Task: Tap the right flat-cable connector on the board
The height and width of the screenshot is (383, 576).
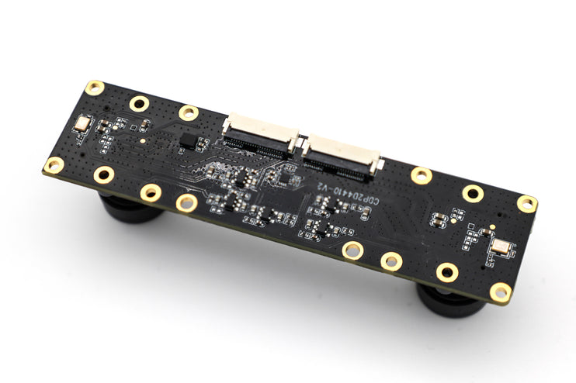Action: pos(342,154)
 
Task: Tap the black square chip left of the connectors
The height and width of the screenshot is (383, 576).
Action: pos(189,140)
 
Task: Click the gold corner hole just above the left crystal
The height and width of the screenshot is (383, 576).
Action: pos(95,88)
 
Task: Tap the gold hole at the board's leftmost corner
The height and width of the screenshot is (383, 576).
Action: pos(54,164)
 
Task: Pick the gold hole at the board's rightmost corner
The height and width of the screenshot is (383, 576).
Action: pos(527,204)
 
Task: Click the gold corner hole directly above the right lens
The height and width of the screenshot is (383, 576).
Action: pos(501,292)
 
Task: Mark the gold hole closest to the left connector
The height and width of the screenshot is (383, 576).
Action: pos(189,112)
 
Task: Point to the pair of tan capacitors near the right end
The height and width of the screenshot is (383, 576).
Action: pos(439,219)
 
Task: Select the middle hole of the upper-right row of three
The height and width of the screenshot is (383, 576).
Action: pos(473,192)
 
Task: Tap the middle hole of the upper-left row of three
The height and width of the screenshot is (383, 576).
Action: pos(140,103)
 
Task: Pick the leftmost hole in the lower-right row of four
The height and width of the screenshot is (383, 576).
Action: pos(352,250)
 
